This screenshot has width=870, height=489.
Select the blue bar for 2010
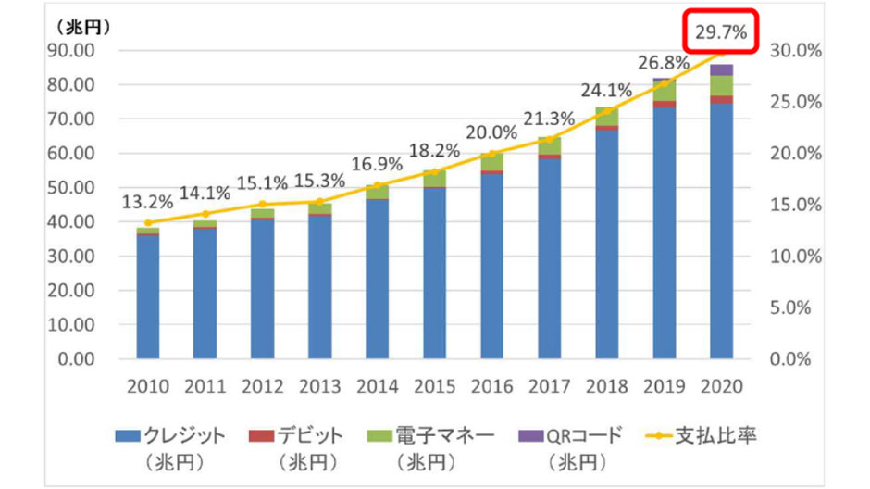148,296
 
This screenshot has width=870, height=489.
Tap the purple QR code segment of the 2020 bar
722,70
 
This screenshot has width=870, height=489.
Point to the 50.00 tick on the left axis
77,188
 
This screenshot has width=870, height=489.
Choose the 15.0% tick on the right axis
795,205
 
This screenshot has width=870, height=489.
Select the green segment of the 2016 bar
492,161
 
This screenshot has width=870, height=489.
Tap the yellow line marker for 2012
263,204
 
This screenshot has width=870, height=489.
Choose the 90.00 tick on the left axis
77,51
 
